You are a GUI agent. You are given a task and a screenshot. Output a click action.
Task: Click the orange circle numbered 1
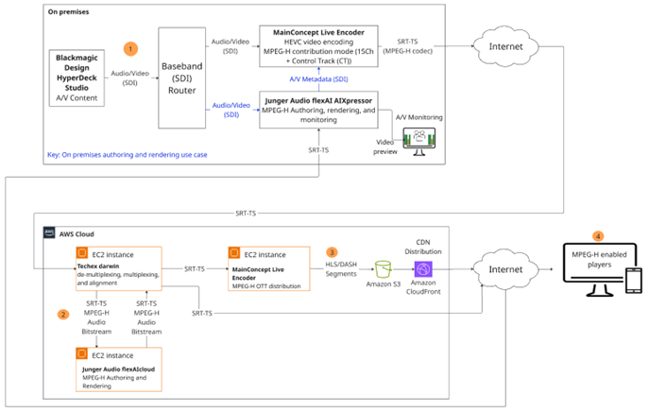click(x=131, y=47)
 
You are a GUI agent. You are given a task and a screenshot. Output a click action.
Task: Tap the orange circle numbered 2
click(x=63, y=313)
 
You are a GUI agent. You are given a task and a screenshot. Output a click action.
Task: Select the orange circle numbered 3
click(x=331, y=252)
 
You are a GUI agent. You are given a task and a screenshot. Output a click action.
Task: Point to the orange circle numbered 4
click(x=595, y=234)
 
